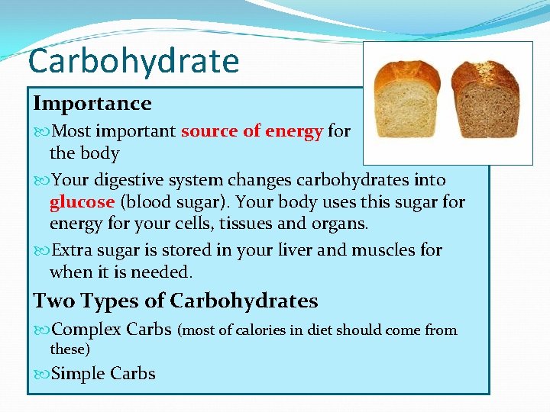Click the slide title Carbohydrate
[134, 60]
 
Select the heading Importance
[92, 103]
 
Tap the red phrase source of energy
[251, 131]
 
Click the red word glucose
[82, 202]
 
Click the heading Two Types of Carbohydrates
[175, 301]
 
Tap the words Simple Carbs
[102, 373]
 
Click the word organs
[343, 224]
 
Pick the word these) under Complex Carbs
[70, 349]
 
